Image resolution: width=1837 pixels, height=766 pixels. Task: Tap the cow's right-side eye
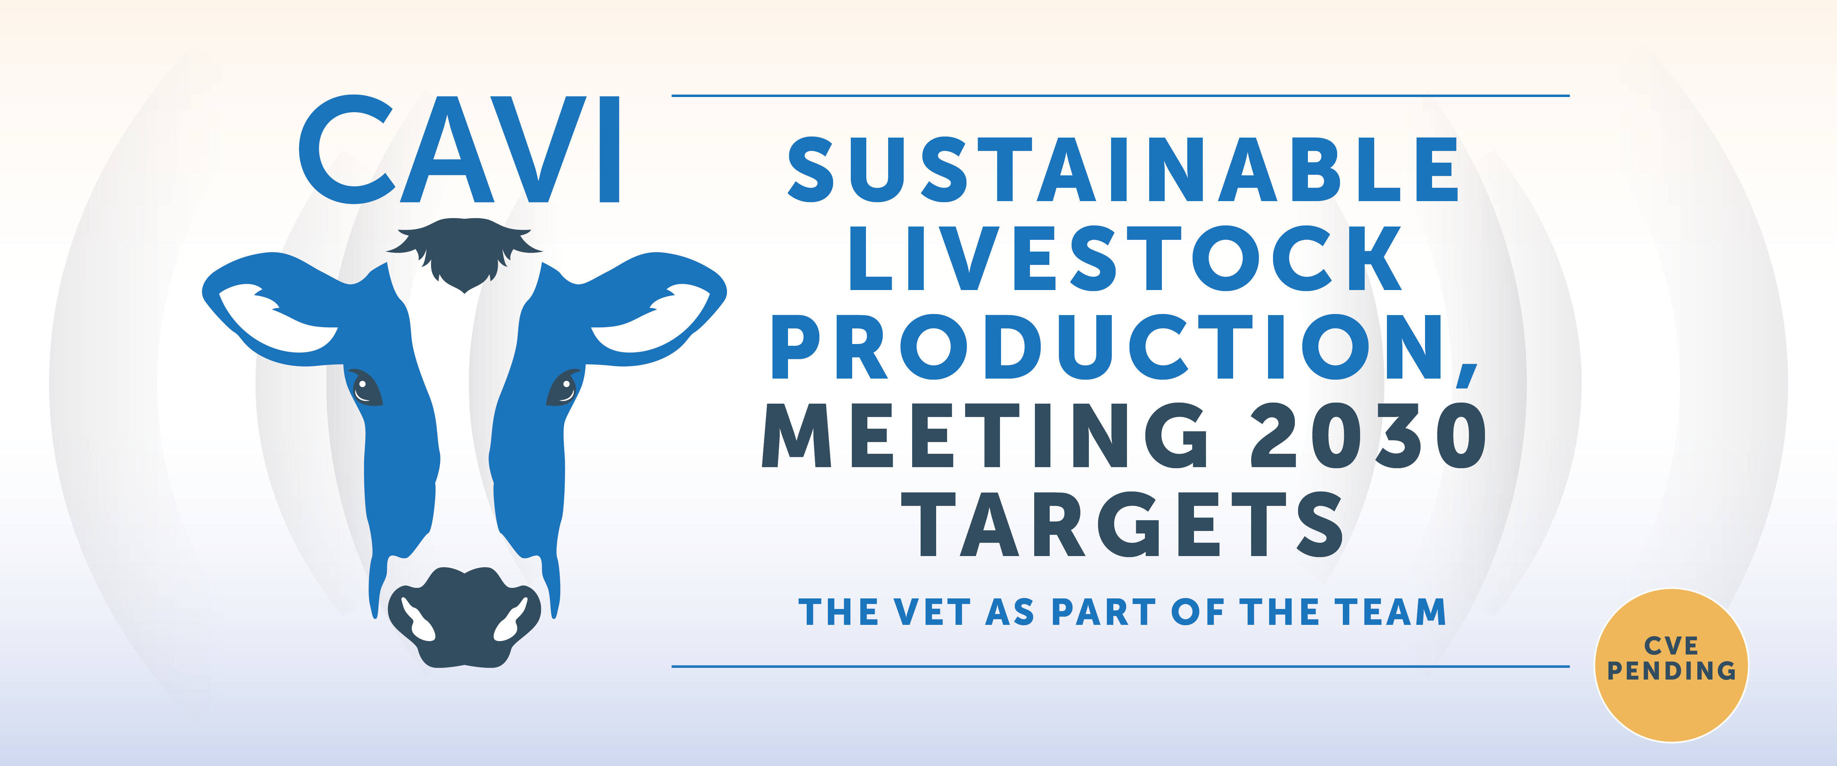[x=563, y=387]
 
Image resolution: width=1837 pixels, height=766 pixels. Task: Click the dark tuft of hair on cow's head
[x=464, y=253]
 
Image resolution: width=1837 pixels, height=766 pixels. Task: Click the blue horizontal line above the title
[x=1120, y=95]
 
